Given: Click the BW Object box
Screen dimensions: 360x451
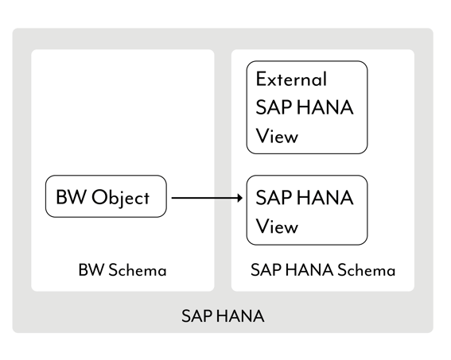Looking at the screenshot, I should tap(106, 196).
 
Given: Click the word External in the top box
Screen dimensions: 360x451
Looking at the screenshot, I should tap(291, 79).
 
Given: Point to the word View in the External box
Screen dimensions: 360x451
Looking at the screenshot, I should tap(277, 136).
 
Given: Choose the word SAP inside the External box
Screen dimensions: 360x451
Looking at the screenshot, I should tap(273, 107).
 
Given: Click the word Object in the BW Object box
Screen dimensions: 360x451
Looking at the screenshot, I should tap(120, 197).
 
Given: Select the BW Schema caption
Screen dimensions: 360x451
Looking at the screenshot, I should tap(122, 270).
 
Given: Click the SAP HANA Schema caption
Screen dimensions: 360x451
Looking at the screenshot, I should tap(322, 270).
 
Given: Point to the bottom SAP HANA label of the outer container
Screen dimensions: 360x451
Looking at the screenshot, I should tap(223, 316).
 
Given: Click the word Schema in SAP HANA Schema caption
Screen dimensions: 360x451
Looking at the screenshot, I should tap(365, 270).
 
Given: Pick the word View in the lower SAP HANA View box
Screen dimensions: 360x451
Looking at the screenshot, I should tap(277, 226).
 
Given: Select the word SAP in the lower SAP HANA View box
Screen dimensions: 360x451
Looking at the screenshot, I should tap(273, 198).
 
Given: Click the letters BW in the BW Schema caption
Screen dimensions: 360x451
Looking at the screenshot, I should tap(87, 270).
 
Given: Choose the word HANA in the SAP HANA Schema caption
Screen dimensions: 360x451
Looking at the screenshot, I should tap(306, 270).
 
